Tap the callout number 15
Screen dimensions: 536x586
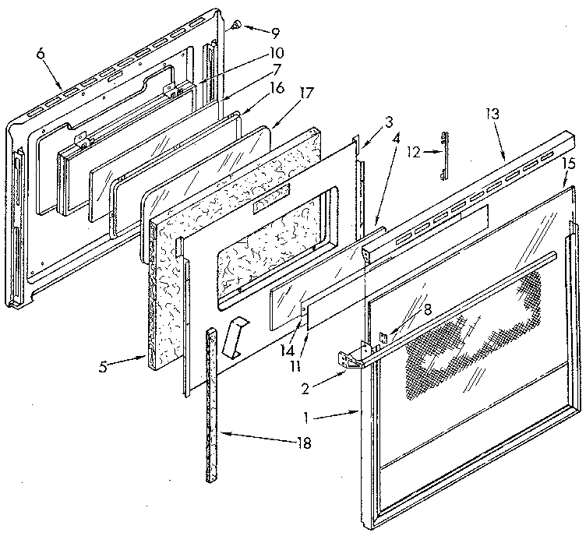pos(568,164)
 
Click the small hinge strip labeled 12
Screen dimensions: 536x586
pos(443,153)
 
